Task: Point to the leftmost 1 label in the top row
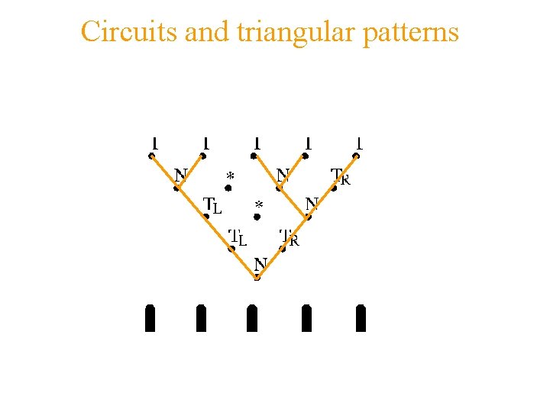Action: point(154,142)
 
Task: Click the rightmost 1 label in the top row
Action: point(359,142)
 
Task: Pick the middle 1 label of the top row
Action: point(257,142)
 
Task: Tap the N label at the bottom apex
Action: point(260,264)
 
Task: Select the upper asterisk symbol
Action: point(230,176)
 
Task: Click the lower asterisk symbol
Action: point(259,206)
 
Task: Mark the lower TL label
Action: point(238,237)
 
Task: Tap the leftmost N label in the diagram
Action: point(180,175)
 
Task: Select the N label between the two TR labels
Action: point(312,204)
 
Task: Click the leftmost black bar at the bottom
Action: point(150,318)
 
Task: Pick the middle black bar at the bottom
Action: point(252,318)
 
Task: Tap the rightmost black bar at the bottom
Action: point(361,318)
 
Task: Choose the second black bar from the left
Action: point(201,318)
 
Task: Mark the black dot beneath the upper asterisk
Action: point(228,188)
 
